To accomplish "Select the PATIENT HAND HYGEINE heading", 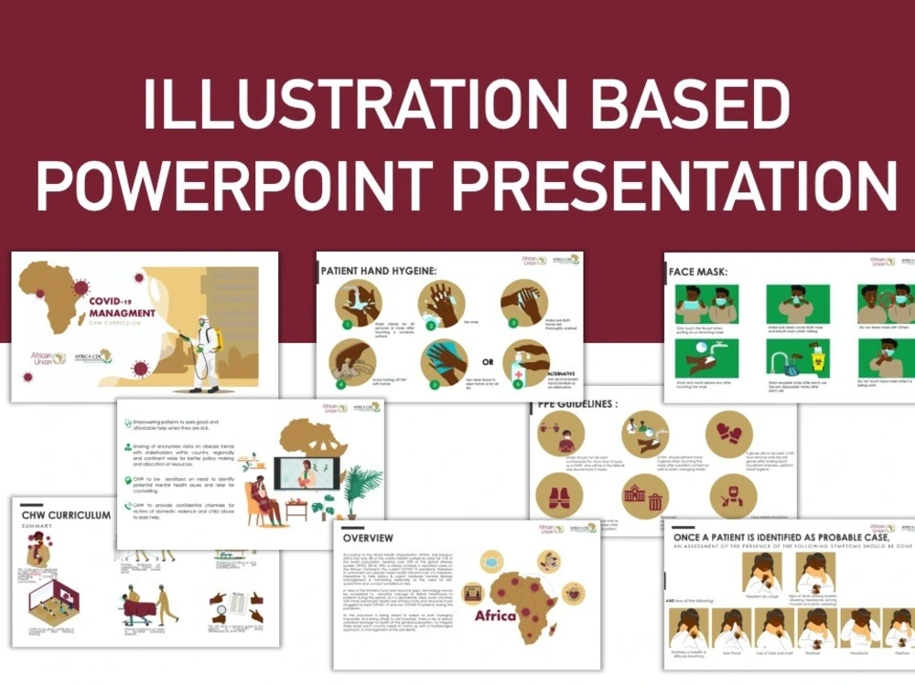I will (x=379, y=272).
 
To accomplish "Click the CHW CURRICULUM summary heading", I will (x=66, y=515).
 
